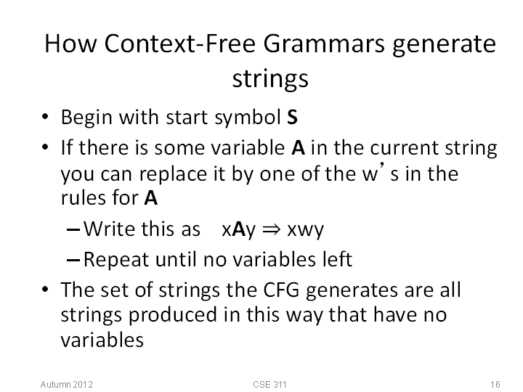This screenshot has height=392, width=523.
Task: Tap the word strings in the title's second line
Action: [x=270, y=79]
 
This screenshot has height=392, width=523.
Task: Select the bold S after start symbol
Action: [x=292, y=118]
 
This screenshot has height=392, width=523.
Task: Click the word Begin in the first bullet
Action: [x=86, y=118]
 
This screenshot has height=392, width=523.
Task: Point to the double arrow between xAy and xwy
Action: [x=271, y=229]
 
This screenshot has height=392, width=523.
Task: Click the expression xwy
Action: [x=305, y=230]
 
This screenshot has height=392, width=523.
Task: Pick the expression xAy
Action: [x=239, y=230]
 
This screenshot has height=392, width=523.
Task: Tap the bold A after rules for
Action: [x=151, y=198]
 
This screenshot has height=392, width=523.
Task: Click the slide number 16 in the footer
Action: [x=495, y=384]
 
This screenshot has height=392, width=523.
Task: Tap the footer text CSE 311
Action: [x=269, y=384]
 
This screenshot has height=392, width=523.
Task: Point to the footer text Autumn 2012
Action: [x=66, y=384]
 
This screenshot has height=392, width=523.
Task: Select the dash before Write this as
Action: [x=73, y=229]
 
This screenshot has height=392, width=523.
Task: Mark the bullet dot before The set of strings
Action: [x=45, y=289]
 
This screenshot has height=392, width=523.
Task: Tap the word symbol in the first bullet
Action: [x=248, y=118]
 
